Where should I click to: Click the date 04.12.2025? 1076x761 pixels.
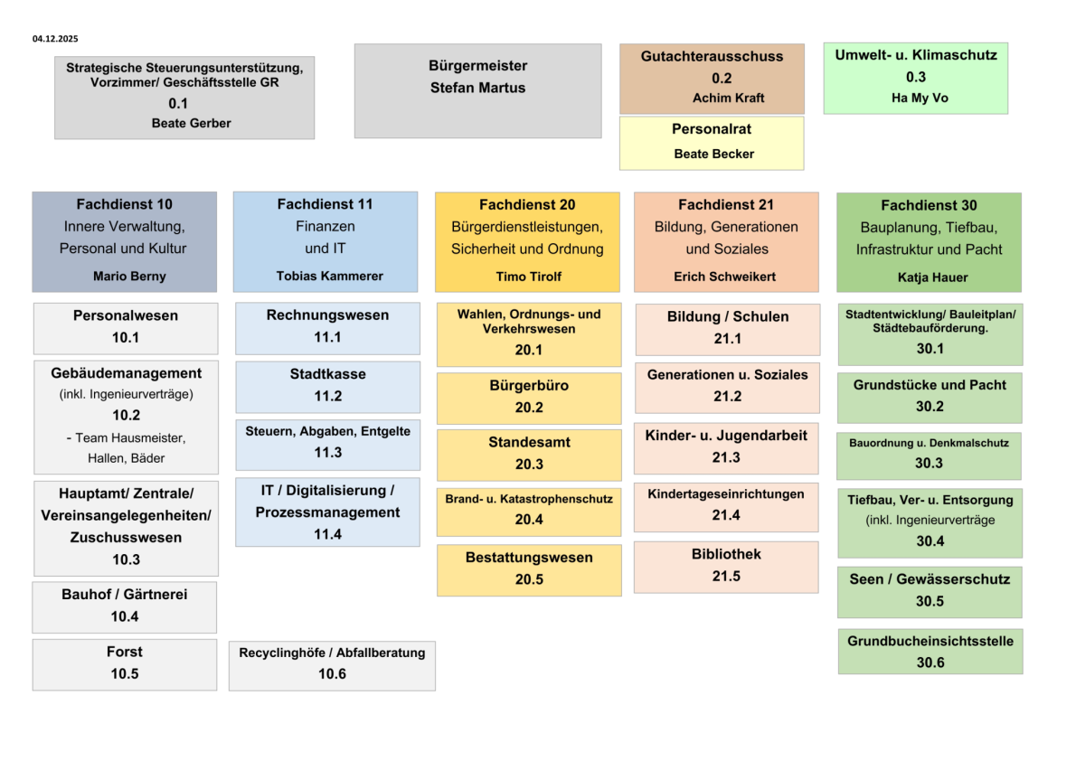coord(55,39)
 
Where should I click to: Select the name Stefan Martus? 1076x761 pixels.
coord(477,88)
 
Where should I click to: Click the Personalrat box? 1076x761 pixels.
coord(712,143)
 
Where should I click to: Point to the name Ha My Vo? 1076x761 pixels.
coord(915,98)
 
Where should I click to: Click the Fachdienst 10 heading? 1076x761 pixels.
coord(125,204)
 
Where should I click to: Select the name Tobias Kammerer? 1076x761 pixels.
coord(325,276)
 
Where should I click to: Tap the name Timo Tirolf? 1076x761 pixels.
coord(527,276)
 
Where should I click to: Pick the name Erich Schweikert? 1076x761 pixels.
coord(726,276)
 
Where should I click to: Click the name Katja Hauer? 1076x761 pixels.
coord(929,277)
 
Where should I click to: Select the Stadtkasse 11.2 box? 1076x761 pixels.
coord(328,386)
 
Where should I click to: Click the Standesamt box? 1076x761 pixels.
coord(529,454)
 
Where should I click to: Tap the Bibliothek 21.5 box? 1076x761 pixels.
coord(726,566)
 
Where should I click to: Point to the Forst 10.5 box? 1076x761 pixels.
coord(125,663)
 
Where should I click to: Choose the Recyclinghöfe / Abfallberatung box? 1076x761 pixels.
coord(332,663)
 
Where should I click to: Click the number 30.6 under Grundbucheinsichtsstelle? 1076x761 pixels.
coord(930,662)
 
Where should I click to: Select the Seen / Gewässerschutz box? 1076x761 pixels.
coord(930,590)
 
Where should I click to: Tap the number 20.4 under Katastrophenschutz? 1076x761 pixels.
coord(529,520)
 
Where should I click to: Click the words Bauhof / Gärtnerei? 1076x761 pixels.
coord(125,595)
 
